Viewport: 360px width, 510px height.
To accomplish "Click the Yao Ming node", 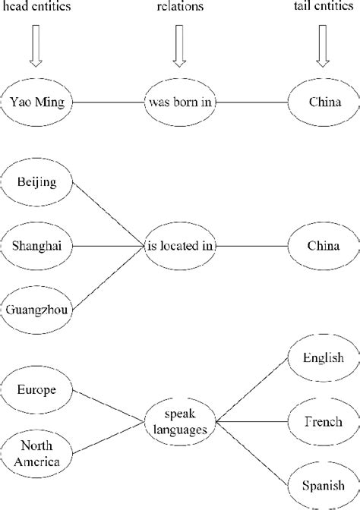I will (37, 102).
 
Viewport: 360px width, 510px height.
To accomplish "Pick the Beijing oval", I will (37, 182).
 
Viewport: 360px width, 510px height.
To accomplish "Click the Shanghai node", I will (37, 245).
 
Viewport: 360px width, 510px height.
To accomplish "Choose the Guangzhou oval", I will (37, 308).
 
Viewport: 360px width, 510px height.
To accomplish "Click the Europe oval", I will (37, 390).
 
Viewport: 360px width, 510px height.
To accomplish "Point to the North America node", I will (37, 452).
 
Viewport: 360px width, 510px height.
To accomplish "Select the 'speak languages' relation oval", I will (180, 421).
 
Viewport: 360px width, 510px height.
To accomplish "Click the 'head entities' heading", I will (35, 7).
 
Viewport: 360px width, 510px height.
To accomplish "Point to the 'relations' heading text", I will (180, 7).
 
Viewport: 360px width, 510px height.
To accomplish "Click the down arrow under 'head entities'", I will (36, 46).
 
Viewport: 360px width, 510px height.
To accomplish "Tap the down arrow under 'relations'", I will (180, 46).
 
